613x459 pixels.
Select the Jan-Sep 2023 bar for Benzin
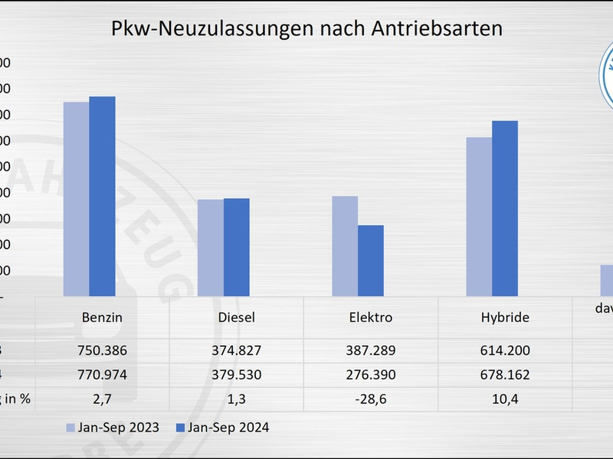[76, 199]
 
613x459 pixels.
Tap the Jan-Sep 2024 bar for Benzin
[102, 196]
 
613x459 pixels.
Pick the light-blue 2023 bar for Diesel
[210, 247]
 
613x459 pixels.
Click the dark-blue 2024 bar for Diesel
[236, 247]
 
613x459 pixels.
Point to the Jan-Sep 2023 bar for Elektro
[345, 246]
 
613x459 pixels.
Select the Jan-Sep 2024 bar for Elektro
[371, 260]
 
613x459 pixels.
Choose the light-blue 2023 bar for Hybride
[479, 216]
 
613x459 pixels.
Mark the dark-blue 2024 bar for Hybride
[505, 208]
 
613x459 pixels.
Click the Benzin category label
[102, 317]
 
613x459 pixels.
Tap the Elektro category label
[370, 317]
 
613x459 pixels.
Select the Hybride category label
[505, 317]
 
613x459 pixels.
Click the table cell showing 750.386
[102, 350]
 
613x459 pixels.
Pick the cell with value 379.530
[236, 376]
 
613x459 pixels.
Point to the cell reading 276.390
[370, 376]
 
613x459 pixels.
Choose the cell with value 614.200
[505, 350]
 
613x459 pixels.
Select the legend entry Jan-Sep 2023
[113, 428]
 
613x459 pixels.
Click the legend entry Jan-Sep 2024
[222, 428]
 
